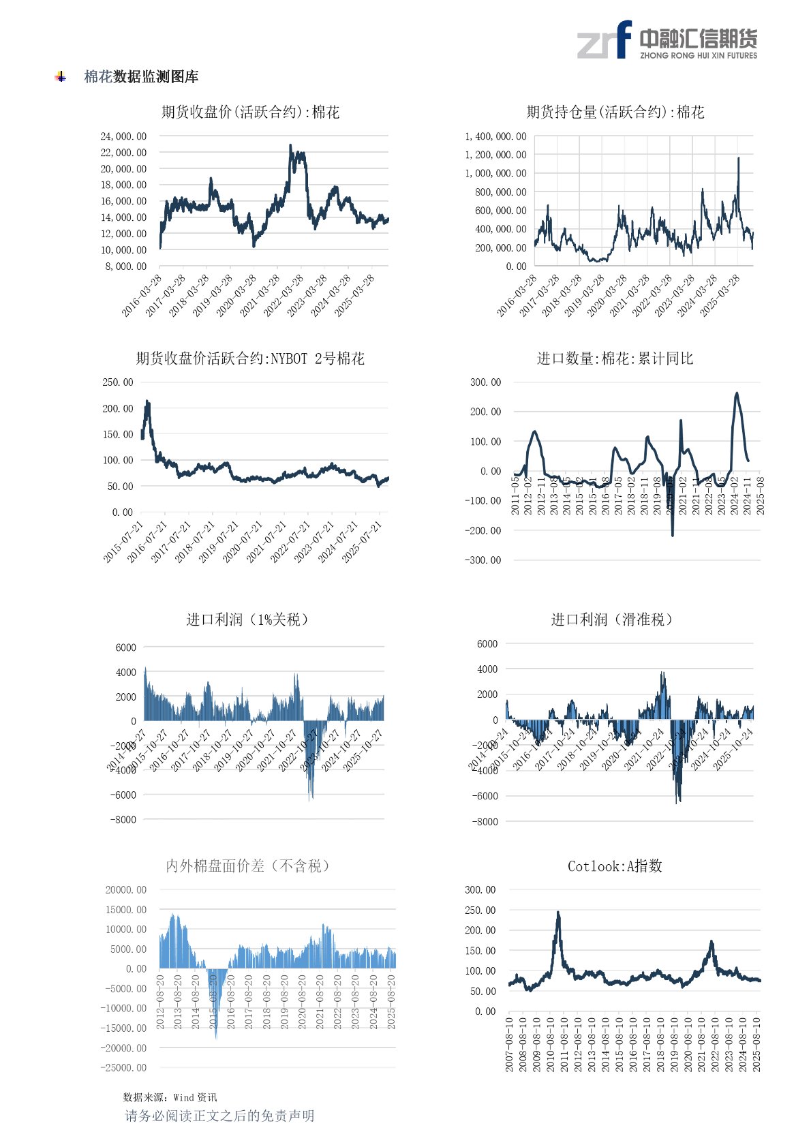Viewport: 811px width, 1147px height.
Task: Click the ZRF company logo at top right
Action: click(667, 40)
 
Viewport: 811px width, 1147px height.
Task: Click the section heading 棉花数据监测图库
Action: click(141, 77)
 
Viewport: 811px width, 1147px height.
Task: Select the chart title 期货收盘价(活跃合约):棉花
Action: click(250, 112)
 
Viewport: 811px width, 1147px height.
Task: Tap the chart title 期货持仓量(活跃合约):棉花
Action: click(615, 112)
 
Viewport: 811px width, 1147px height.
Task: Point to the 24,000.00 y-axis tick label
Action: click(123, 136)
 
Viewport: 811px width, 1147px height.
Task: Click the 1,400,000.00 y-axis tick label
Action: click(495, 136)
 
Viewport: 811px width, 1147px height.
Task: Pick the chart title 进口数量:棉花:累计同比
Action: click(615, 358)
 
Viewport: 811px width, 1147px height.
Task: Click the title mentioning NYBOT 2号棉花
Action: click(250, 358)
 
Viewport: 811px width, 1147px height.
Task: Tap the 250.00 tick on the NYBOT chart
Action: click(118, 382)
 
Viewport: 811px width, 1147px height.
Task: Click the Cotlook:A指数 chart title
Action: click(615, 866)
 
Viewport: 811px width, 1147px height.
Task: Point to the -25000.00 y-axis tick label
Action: click(123, 1067)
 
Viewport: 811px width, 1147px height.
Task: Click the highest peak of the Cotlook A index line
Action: click(558, 913)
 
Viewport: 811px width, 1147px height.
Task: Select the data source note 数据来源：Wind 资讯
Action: click(170, 1097)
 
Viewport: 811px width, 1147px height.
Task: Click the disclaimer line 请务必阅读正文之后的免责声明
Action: click(219, 1116)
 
